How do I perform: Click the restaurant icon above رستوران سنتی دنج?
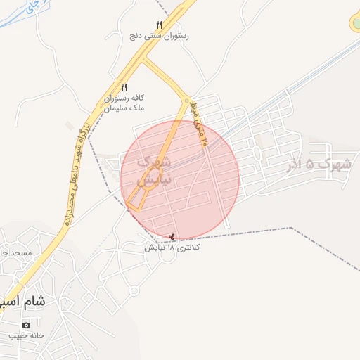pos(159,25)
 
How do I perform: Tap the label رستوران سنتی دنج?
pos(158,35)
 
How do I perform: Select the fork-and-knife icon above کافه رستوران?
pos(124,87)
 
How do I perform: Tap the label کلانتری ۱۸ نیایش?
pos(173,247)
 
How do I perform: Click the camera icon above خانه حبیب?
pos(26,325)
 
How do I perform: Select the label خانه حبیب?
pos(26,335)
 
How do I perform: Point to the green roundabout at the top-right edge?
pos(355,23)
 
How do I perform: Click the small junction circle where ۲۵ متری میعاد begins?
pos(187,101)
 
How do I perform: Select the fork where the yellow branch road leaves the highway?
pos(143,60)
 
